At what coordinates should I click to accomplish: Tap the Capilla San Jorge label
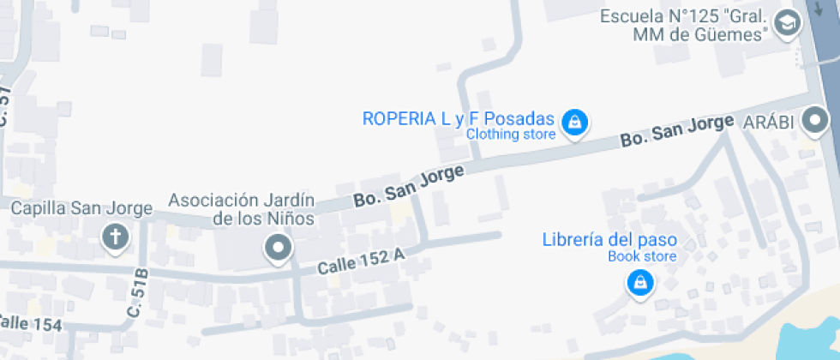(81, 208)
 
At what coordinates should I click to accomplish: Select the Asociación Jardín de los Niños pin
(278, 249)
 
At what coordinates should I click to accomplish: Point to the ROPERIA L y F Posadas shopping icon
(573, 123)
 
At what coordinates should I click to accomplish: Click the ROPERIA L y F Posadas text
(459, 119)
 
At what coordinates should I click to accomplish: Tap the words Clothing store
(511, 135)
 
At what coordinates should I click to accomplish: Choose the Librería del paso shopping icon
(639, 281)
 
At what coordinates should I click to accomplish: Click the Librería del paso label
(609, 239)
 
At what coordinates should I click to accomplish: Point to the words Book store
(642, 256)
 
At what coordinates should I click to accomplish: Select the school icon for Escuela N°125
(785, 25)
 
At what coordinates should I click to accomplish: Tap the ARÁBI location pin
(815, 123)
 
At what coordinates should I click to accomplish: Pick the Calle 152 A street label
(362, 261)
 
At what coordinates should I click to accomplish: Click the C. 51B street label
(138, 294)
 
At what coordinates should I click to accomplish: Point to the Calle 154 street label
(30, 324)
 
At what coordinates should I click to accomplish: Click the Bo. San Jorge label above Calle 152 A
(409, 186)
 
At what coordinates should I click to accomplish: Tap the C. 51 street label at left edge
(5, 107)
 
